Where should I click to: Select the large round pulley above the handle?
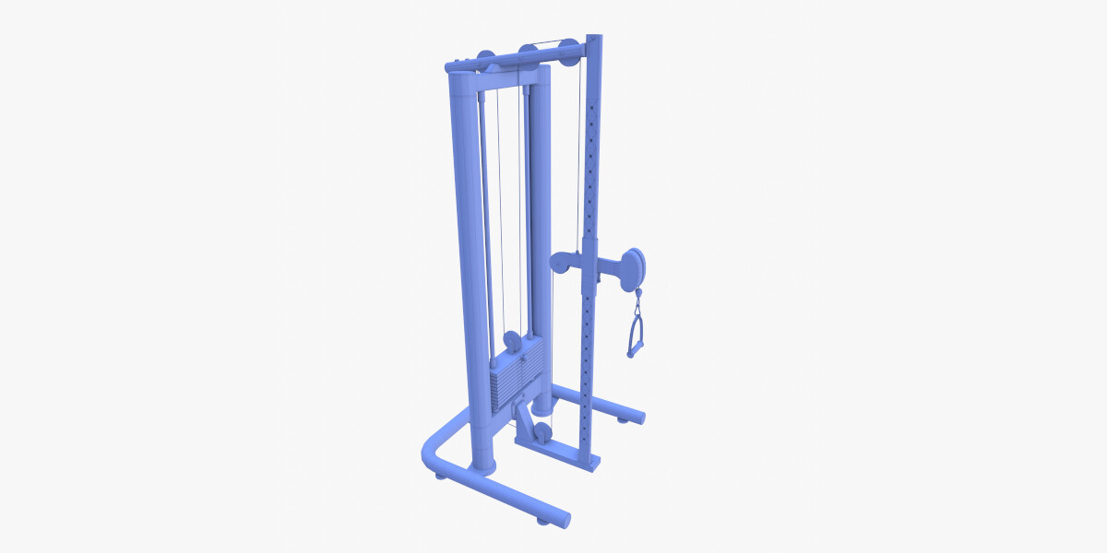(x=634, y=266)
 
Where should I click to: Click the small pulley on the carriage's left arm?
(x=560, y=264)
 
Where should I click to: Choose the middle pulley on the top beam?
(x=528, y=55)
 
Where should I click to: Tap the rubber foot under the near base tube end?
(x=544, y=522)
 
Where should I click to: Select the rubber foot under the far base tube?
(x=623, y=420)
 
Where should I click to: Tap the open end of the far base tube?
(x=637, y=412)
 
